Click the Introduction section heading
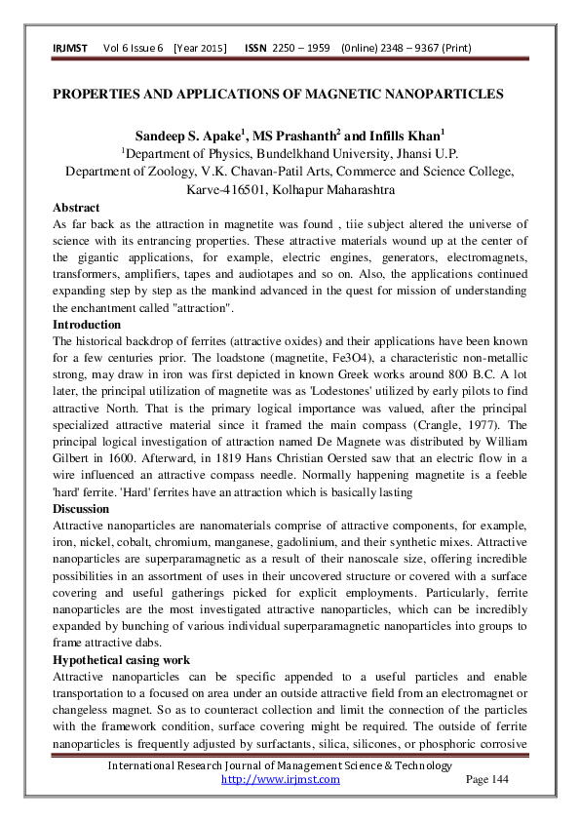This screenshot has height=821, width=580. click(x=87, y=324)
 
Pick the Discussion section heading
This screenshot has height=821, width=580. click(x=82, y=509)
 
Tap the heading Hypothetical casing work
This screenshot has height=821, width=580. click(x=121, y=660)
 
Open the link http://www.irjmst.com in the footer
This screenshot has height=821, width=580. click(x=281, y=779)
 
